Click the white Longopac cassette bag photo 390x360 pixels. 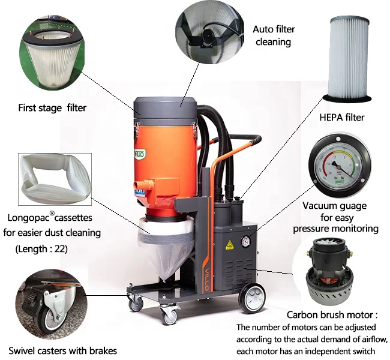[53, 179]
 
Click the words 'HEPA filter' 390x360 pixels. [343, 117]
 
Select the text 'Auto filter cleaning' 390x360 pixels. [273, 35]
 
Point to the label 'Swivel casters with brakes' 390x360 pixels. [62, 350]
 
